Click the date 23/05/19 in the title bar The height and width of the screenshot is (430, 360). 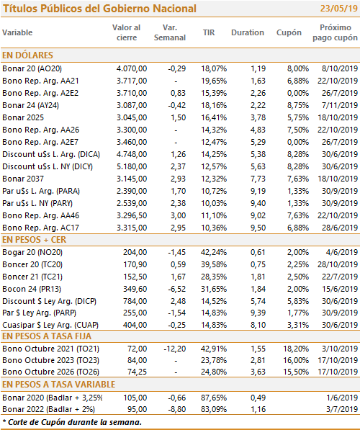click(339, 9)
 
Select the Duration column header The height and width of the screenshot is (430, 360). click(248, 32)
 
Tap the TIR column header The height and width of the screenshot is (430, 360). click(209, 32)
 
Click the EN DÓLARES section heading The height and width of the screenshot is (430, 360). click(27, 55)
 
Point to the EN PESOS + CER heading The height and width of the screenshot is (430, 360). click(35, 240)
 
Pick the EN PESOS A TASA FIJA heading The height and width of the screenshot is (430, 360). click(47, 336)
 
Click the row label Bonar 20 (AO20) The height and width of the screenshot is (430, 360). click(32, 68)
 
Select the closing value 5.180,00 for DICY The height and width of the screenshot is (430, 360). click(132, 166)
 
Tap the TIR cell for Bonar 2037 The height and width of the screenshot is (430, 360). click(214, 179)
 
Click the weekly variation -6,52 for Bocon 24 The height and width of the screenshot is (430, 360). click(177, 289)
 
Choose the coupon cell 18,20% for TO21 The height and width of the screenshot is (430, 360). click(296, 349)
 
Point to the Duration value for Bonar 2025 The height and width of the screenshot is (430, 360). click(258, 117)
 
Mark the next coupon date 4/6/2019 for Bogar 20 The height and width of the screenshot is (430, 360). click(342, 252)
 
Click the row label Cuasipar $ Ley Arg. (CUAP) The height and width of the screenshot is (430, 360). click(50, 325)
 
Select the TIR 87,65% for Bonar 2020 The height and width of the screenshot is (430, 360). click(214, 398)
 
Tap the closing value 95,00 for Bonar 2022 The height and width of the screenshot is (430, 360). click(137, 409)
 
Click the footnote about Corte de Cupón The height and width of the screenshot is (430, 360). click(72, 422)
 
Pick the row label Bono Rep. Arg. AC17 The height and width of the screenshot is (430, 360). click(40, 228)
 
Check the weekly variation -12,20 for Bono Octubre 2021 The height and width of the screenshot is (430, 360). click(175, 349)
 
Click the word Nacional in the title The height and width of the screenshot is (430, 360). click(174, 9)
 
